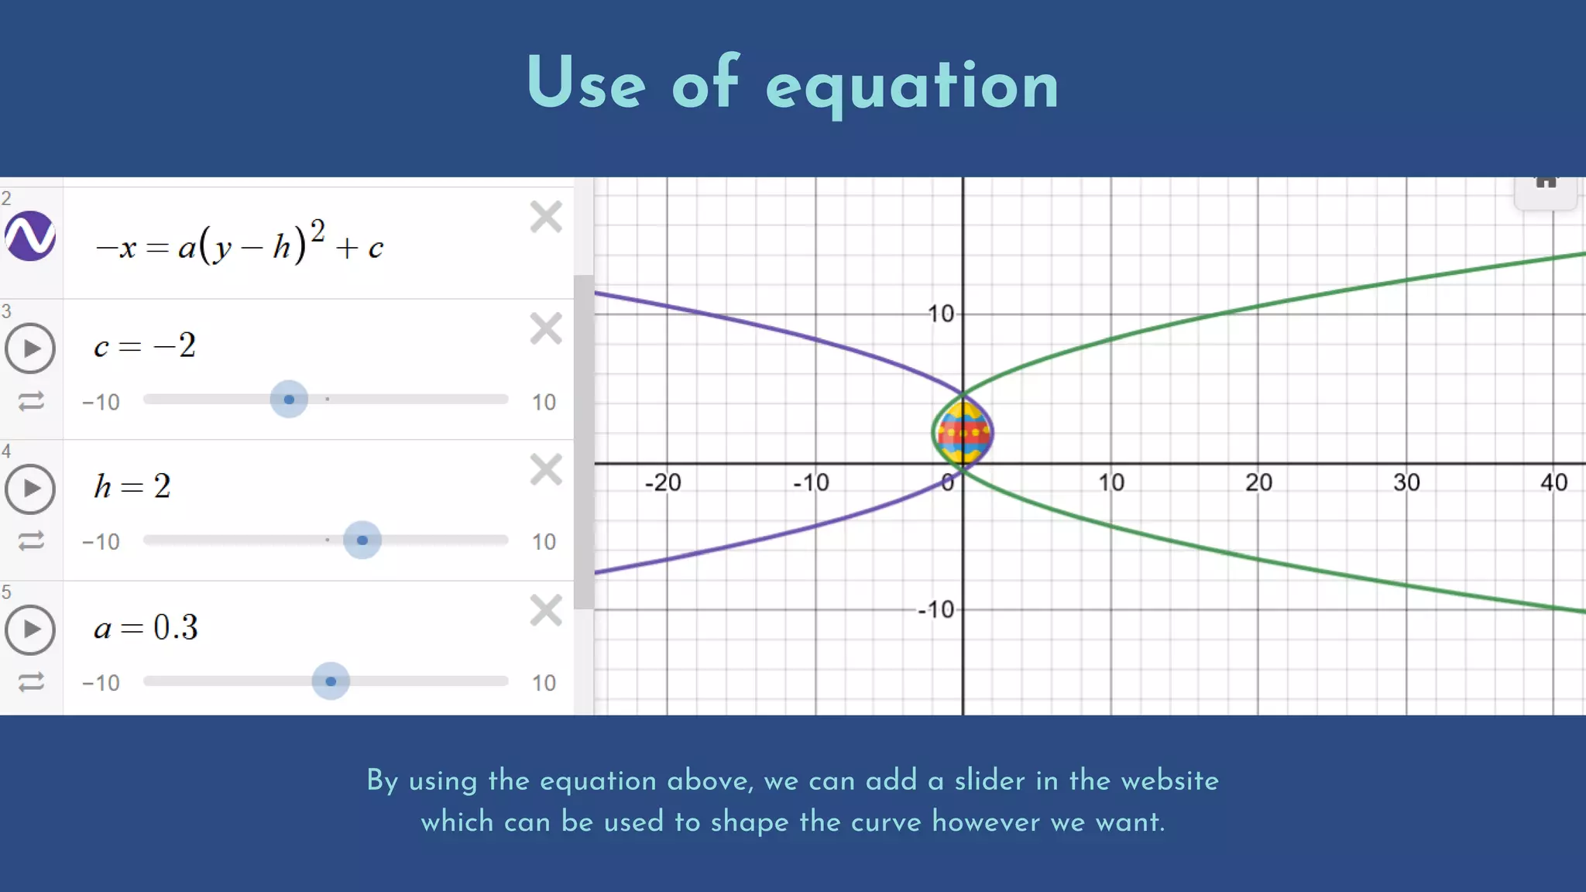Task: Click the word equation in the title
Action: [911, 87]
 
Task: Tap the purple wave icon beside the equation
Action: [30, 236]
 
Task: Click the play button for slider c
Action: [30, 348]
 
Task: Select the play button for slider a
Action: [30, 629]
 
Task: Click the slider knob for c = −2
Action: [289, 400]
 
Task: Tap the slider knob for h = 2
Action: [362, 540]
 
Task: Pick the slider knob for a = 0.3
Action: [331, 681]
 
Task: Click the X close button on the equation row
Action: [546, 217]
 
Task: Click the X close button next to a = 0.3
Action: [546, 610]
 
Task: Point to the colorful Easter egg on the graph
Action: [963, 432]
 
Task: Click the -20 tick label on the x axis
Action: [663, 483]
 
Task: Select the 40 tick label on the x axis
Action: [1553, 483]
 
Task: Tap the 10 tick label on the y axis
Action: [941, 314]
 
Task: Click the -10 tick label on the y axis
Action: [936, 610]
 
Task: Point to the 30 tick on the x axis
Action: [1406, 483]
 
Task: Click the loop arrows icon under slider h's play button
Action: [31, 540]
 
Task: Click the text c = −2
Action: [145, 345]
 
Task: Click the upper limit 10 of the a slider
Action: [544, 683]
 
